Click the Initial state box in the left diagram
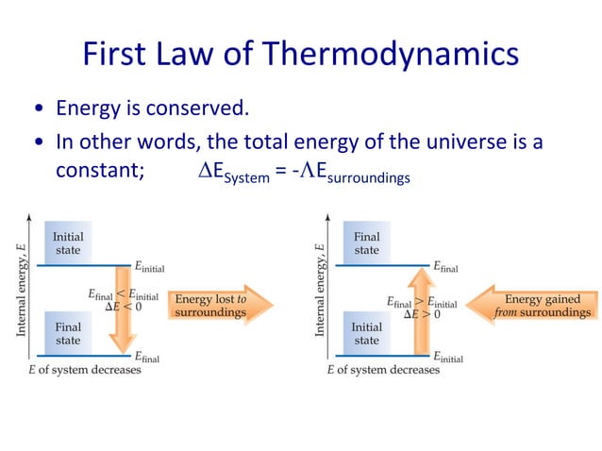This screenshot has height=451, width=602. tap(68, 243)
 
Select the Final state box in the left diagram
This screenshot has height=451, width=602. tap(68, 332)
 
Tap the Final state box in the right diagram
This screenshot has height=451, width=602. tap(367, 243)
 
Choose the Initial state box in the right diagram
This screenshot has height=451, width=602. tap(367, 333)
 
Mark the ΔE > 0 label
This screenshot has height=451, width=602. tap(422, 315)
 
